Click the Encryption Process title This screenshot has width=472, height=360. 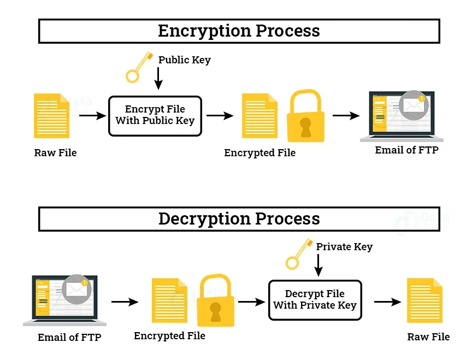pos(239,31)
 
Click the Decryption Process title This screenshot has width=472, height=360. pos(239,219)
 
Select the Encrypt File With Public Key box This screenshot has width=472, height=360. pos(155,115)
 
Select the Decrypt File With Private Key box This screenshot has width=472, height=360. pos(315,300)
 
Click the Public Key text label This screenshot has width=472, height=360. pos(184,60)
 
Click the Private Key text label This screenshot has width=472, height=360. pos(344,247)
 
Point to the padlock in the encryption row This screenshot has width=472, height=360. pos(306,116)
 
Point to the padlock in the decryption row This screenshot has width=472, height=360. pos(216,300)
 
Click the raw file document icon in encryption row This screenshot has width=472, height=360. pos(51,115)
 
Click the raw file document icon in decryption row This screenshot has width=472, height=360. pos(425,300)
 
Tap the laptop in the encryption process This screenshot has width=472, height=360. pos(397,116)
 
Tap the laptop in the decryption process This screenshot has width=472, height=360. pos(61,300)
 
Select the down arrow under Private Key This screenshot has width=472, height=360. pos(318,266)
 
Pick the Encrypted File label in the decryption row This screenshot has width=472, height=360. pos(169,336)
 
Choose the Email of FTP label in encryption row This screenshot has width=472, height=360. pos(406,150)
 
